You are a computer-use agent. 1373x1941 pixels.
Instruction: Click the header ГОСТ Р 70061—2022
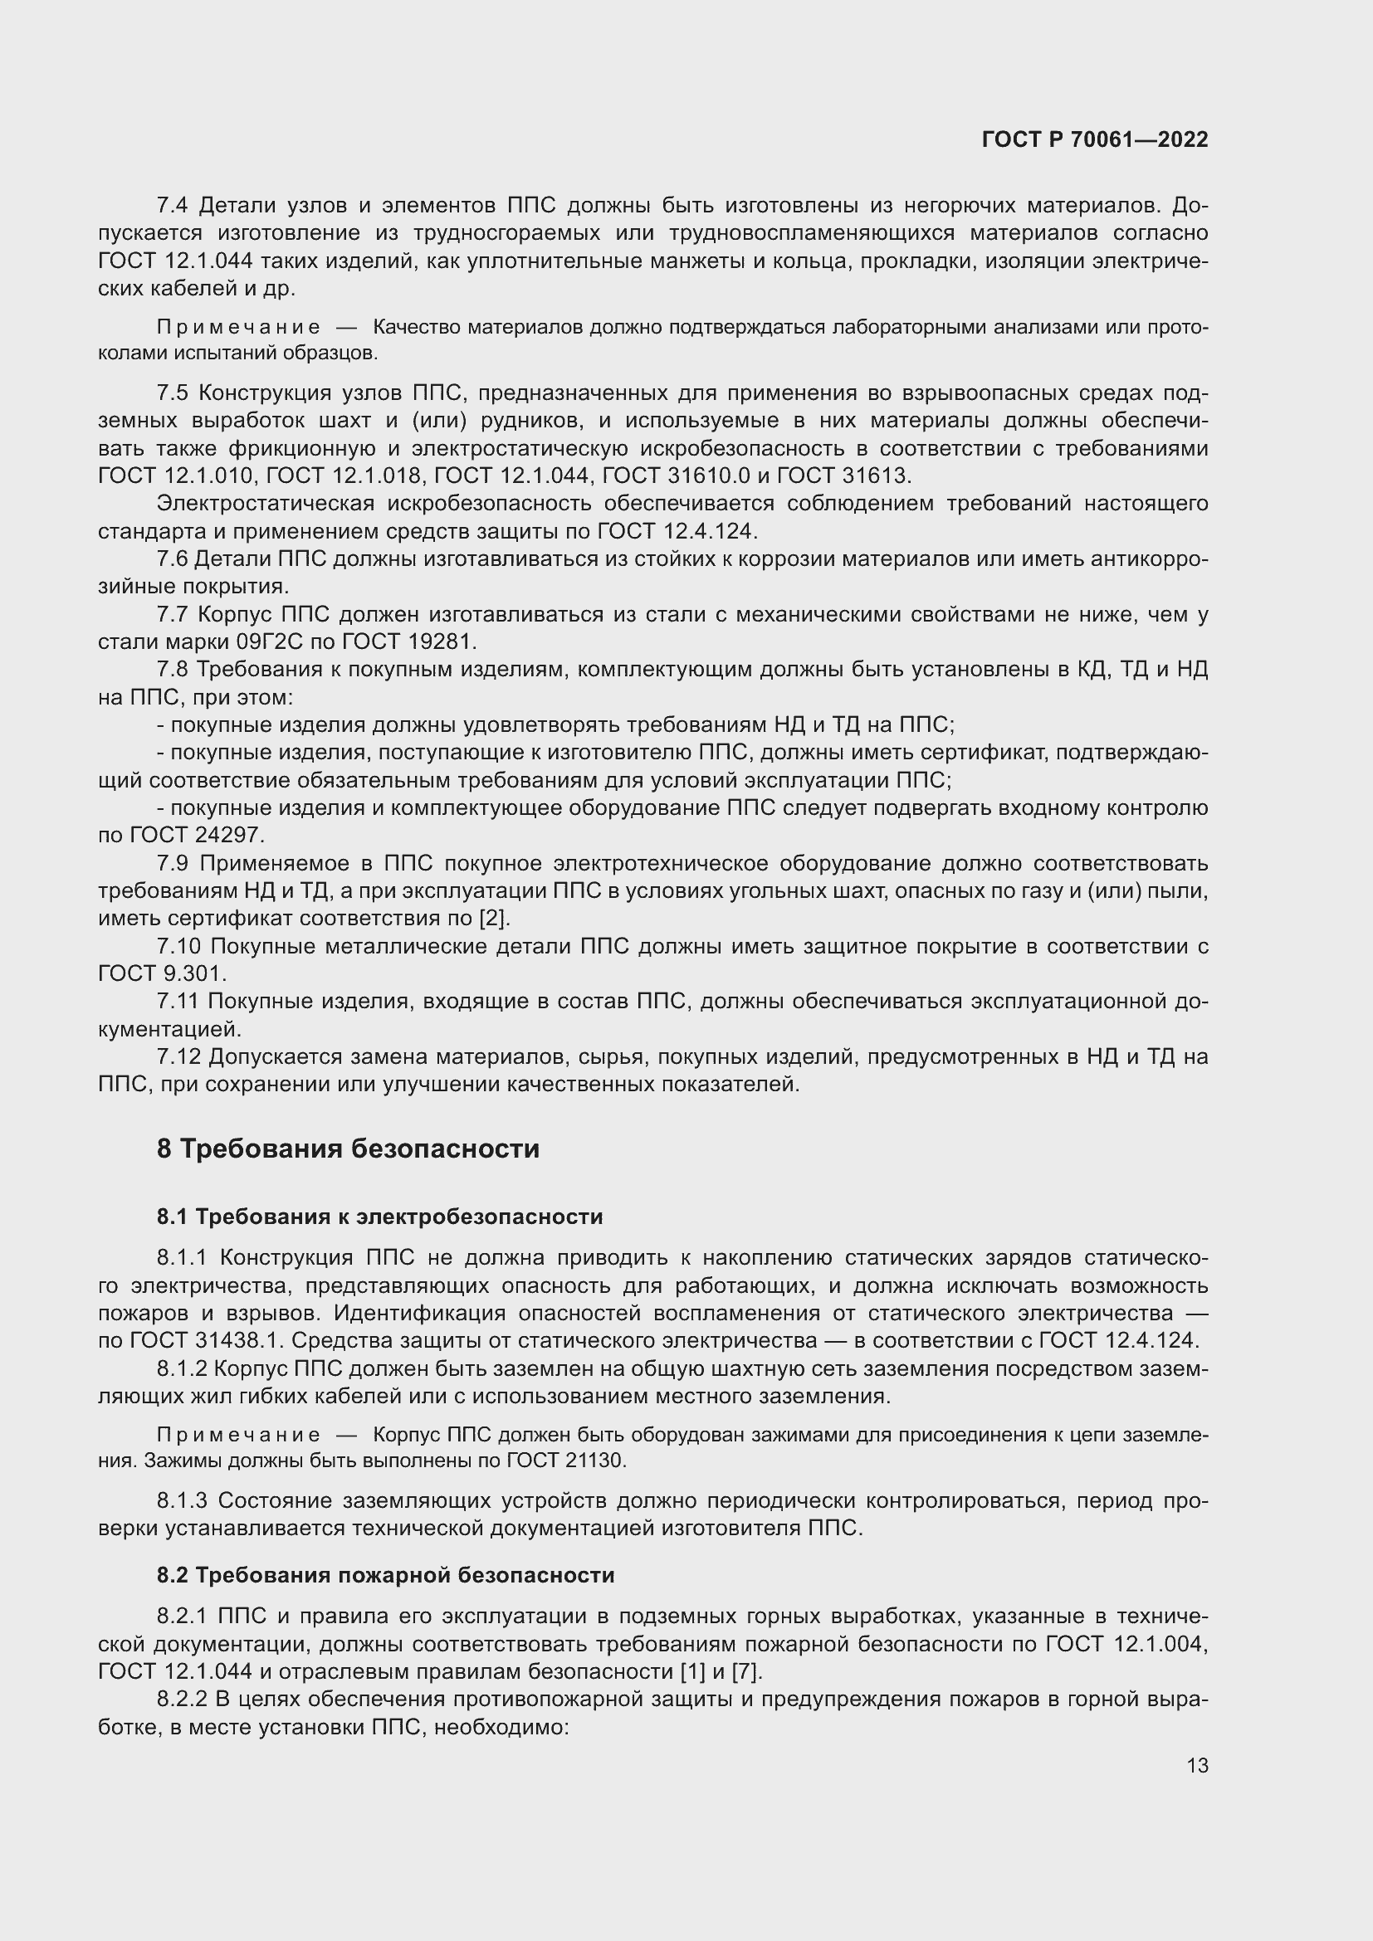(1095, 140)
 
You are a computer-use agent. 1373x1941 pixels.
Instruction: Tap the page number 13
(1197, 1765)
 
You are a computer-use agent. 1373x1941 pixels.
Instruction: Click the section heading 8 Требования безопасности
(348, 1149)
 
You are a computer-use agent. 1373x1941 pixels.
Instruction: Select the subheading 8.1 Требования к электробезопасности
(379, 1217)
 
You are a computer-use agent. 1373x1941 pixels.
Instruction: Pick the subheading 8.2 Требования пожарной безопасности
(385, 1575)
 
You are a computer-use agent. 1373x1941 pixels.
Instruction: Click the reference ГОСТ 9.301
(162, 973)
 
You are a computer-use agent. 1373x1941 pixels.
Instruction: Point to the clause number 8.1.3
(182, 1500)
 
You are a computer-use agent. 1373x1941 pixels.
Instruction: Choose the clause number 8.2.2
(183, 1700)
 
